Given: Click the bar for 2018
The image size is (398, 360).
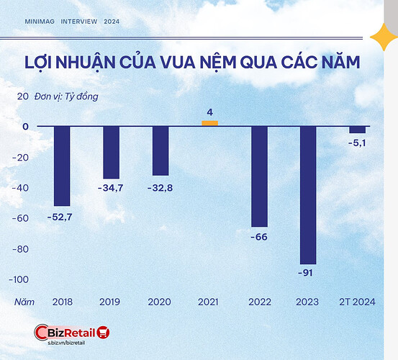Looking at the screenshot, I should [x=62, y=166].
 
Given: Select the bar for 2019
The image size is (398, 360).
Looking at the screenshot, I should [x=111, y=152].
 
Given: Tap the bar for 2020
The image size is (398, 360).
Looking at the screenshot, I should [x=160, y=150].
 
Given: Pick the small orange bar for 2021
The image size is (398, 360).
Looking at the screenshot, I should [x=209, y=123].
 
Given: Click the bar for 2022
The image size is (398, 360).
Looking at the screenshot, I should [x=258, y=176].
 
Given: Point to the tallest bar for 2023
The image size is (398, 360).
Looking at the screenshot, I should [x=307, y=195].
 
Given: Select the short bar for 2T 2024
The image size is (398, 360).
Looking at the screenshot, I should [x=357, y=130].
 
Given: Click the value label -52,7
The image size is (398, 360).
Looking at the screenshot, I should [x=62, y=215].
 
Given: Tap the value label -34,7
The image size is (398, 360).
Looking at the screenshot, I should [x=111, y=187].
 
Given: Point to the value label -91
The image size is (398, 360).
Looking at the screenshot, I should [x=307, y=273].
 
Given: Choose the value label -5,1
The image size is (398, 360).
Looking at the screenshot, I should [x=357, y=143].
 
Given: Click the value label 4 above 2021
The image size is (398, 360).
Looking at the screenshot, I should [x=209, y=112].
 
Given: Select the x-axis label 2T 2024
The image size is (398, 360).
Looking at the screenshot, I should [x=357, y=302].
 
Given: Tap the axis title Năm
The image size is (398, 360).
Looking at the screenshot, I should [x=24, y=302].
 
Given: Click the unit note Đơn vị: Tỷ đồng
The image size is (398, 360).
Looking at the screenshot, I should [x=65, y=96].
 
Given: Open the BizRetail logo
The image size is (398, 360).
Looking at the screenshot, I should [x=72, y=333].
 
